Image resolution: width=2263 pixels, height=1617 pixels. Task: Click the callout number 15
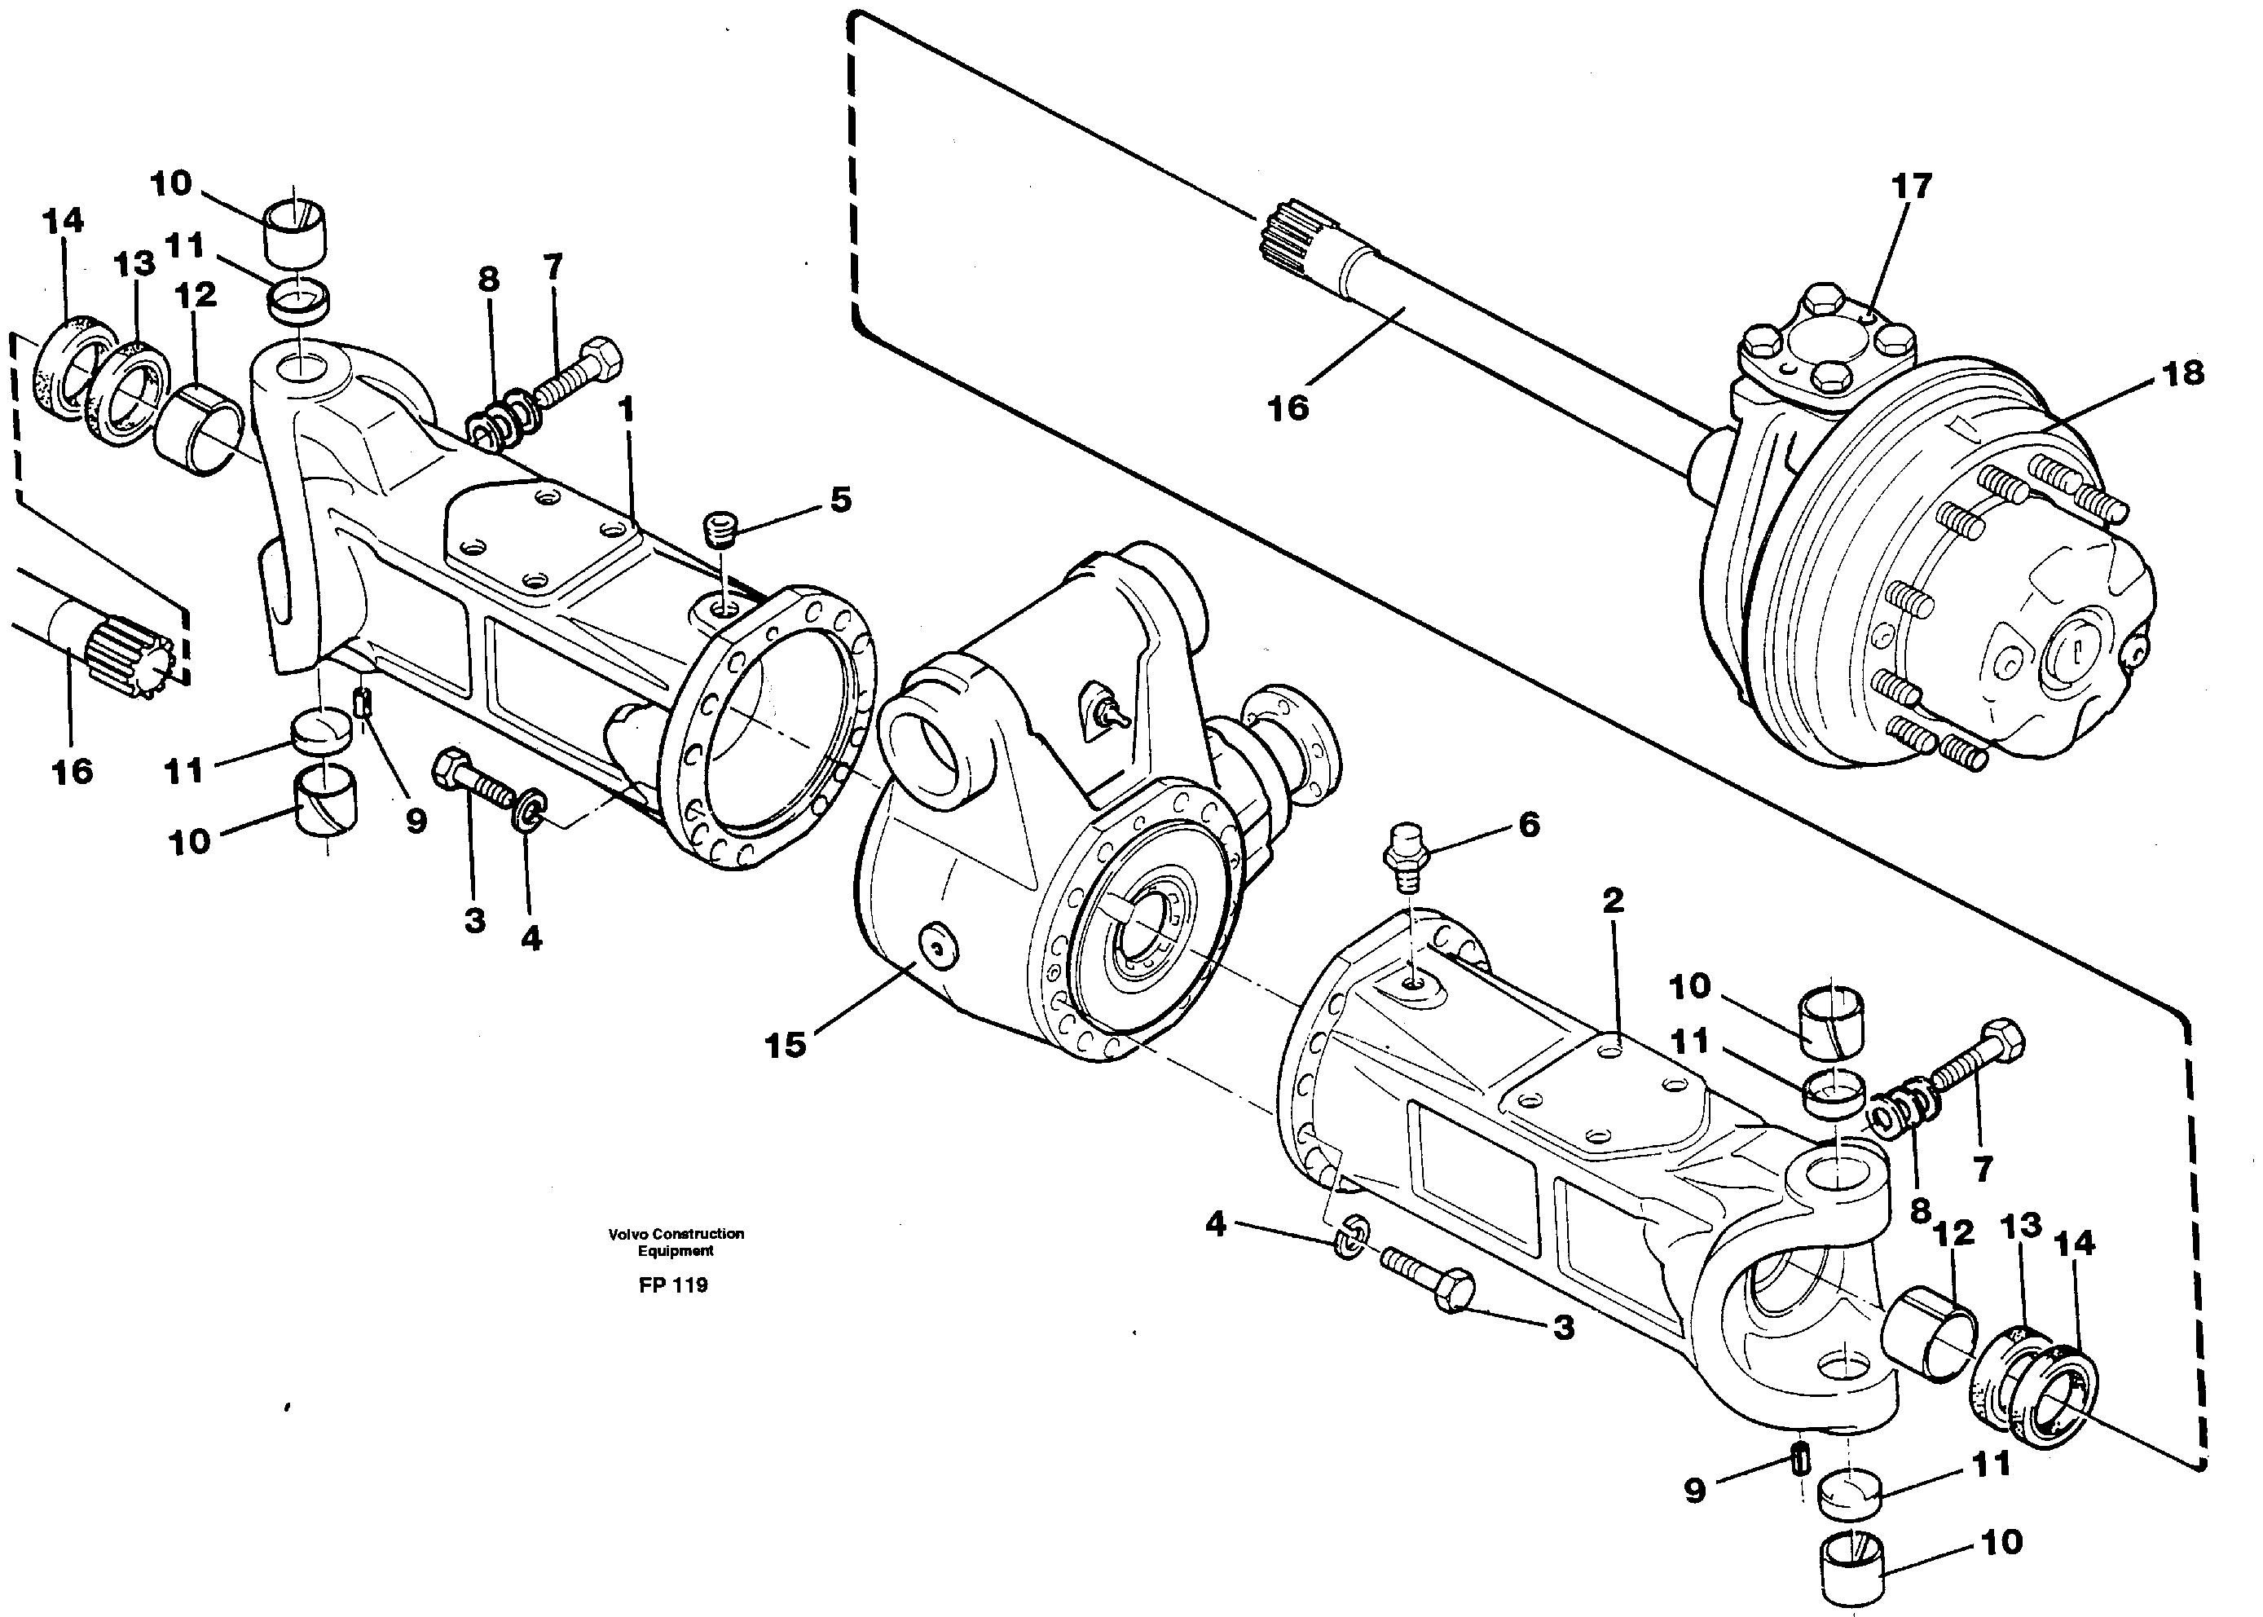point(784,1045)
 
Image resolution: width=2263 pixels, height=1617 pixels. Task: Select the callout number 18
point(2182,373)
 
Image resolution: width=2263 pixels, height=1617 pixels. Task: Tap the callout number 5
point(840,500)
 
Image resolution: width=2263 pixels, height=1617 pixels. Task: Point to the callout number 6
point(1528,825)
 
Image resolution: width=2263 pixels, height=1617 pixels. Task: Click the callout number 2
point(1613,900)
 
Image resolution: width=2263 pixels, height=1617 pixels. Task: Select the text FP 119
point(673,1284)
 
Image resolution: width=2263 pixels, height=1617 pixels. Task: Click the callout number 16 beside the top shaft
point(1288,408)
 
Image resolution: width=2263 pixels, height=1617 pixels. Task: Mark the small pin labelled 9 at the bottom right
point(1801,1461)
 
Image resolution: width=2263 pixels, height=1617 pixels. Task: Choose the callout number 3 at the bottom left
point(475,920)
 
